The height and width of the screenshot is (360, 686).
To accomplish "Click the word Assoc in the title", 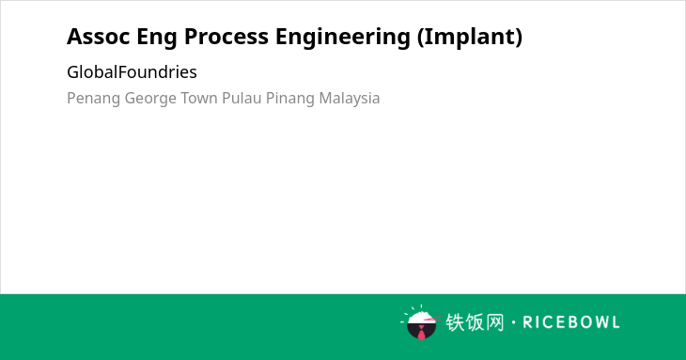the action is (x=99, y=37).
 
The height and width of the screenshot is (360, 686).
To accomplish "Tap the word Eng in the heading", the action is (x=157, y=38).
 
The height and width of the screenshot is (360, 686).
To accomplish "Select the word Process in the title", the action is (x=226, y=37).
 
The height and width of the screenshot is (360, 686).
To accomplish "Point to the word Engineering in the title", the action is (x=343, y=38).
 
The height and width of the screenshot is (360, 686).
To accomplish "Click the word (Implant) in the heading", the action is (x=470, y=38).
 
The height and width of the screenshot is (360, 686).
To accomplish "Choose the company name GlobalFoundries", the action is (x=132, y=72).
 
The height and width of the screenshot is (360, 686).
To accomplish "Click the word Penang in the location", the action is (x=93, y=99).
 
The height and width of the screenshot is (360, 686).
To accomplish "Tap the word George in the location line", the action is (x=150, y=99).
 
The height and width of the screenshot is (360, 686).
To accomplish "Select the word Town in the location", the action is (x=199, y=98).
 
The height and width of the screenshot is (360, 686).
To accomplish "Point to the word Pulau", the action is (x=242, y=98).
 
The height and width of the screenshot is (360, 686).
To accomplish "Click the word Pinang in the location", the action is (x=290, y=99).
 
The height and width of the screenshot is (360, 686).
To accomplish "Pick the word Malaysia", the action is (x=350, y=99).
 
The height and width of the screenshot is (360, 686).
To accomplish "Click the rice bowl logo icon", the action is (x=420, y=322).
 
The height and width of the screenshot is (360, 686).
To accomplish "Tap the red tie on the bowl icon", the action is (x=421, y=333).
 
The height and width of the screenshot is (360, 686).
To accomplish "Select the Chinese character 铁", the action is (x=455, y=322).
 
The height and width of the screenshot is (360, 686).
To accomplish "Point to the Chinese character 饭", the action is (x=475, y=322).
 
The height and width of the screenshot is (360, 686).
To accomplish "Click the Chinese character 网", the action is (x=495, y=322).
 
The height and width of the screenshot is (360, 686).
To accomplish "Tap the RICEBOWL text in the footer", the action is (x=571, y=322).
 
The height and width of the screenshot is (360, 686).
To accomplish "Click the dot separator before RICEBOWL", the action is (x=513, y=322).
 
